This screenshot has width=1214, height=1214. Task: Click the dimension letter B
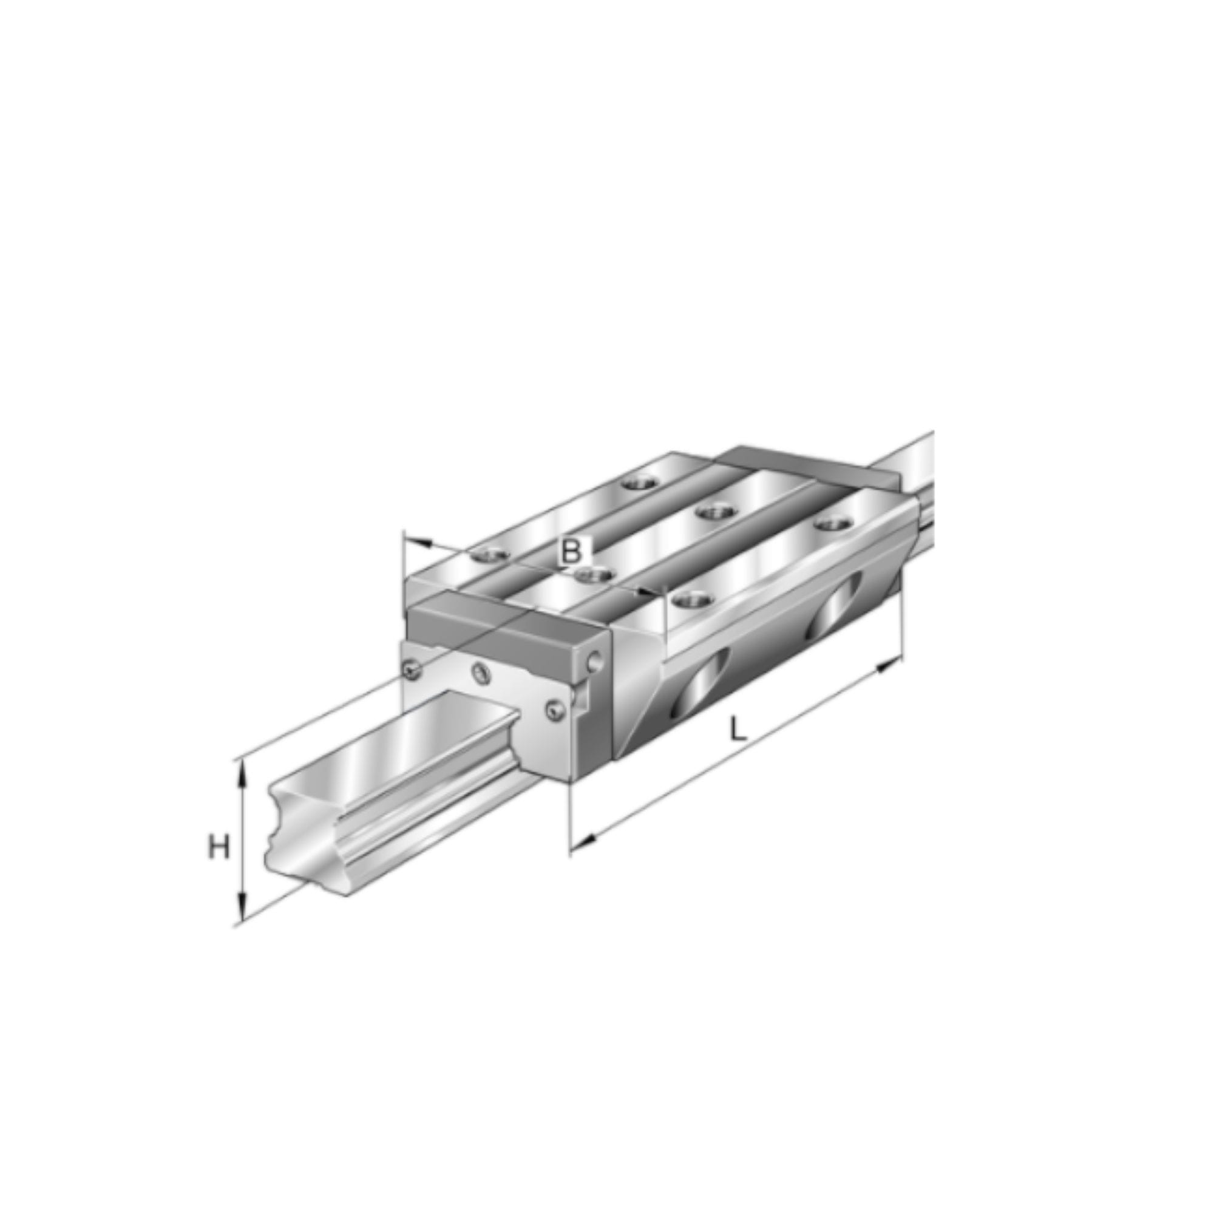point(571,552)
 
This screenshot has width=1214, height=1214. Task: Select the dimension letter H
point(219,849)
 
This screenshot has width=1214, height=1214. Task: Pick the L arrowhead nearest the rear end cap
point(889,665)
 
